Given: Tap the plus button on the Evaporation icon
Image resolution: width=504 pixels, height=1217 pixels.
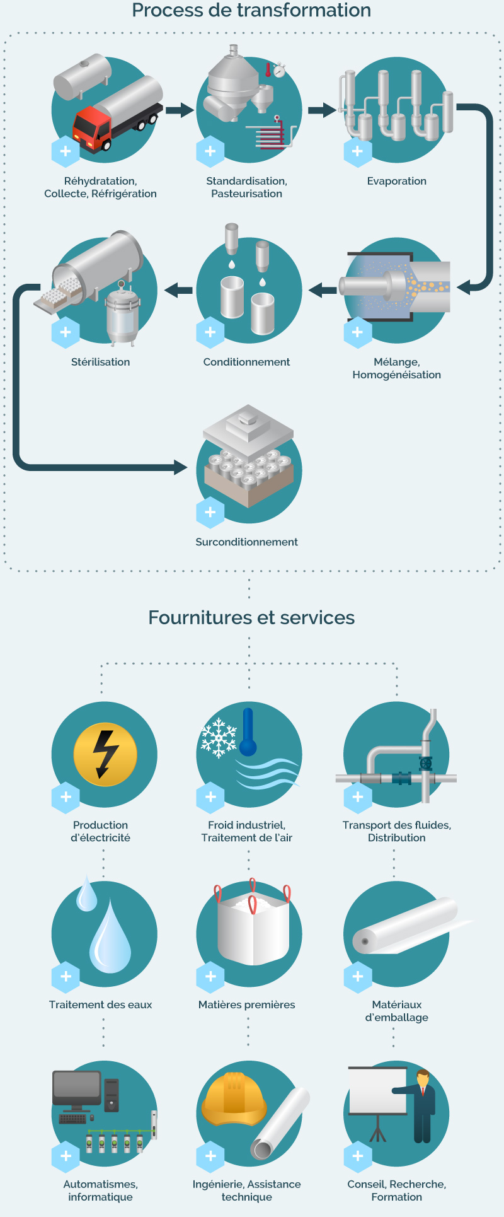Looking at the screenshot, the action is [358, 151].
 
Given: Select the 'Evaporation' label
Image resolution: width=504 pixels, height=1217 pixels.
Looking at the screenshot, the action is [397, 181].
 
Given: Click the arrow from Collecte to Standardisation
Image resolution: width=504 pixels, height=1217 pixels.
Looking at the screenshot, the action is [180, 110].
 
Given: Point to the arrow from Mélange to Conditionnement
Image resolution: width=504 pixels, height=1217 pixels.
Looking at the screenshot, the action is [323, 290].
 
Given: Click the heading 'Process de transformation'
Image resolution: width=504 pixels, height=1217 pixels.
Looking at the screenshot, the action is [251, 11].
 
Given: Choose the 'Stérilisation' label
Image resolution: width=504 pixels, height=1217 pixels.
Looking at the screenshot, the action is [101, 362].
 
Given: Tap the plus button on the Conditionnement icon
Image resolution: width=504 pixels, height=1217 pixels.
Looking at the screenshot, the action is [210, 332].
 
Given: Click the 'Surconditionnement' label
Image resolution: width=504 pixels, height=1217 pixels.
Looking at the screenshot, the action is [247, 542].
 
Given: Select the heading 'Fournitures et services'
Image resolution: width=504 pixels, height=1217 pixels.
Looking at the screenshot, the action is [251, 617].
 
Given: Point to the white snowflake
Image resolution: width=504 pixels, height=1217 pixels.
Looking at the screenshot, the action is [218, 737].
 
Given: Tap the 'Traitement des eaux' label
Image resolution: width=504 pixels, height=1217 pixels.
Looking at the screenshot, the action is [101, 1004].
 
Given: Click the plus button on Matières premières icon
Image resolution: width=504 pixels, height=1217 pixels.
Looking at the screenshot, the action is [210, 977].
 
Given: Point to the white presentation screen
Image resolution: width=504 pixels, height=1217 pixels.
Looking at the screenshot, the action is [378, 1091].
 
